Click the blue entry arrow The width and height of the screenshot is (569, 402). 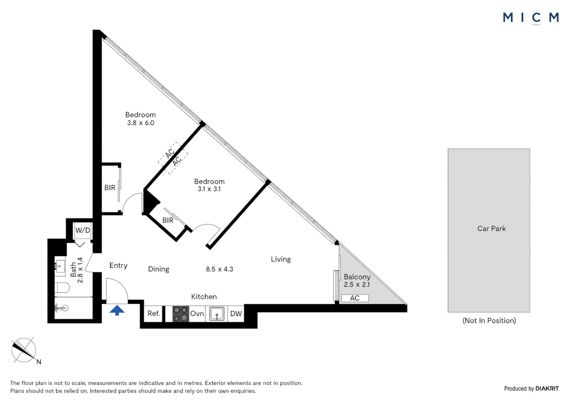tap(117, 310)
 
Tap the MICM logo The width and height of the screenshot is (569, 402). tap(531, 17)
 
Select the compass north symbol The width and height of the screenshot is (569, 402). tap(24, 350)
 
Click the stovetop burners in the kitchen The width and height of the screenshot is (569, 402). tap(181, 313)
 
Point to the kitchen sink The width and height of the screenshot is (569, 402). tap(217, 313)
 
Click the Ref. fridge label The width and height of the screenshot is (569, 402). tap(153, 313)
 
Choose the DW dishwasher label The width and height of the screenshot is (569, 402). tap(236, 313)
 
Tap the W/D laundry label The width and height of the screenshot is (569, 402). tap(83, 230)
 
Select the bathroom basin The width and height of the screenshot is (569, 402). tap(60, 266)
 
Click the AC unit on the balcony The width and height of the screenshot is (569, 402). tap(355, 298)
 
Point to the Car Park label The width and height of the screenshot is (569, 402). tap(491, 229)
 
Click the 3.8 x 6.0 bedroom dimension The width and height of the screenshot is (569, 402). tap(140, 123)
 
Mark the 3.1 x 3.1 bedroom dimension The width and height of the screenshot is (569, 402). tap(209, 189)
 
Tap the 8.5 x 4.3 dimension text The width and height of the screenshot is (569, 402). tap(219, 269)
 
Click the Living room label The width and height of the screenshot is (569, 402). tap(280, 259)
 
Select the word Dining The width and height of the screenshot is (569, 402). tap(159, 269)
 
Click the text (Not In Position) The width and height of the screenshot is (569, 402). tap(489, 320)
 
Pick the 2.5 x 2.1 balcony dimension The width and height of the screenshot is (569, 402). tap(357, 284)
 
